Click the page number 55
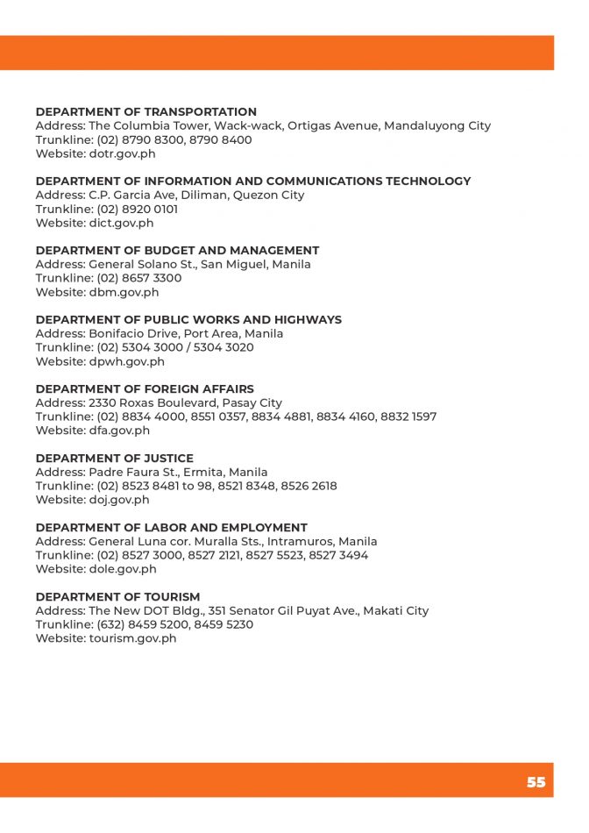[x=536, y=782]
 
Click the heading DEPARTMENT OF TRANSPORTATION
[x=145, y=112]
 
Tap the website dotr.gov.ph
[x=122, y=153]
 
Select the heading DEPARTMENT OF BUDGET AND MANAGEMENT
[x=177, y=251]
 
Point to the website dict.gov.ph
[x=121, y=223]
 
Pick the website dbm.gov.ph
[x=124, y=292]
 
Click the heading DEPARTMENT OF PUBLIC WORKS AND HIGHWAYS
[x=188, y=320]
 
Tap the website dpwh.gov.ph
[x=126, y=361]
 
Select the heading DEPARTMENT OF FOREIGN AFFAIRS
[x=145, y=389]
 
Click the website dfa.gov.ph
[x=119, y=431]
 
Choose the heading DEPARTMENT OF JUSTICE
[x=114, y=459]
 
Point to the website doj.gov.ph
[x=119, y=500]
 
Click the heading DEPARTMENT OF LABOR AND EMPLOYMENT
[x=171, y=528]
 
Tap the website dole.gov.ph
[x=123, y=569]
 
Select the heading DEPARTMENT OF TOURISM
[x=117, y=597]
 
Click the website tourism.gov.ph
[x=132, y=638]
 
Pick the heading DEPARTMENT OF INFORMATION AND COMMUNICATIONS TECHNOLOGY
[x=253, y=182]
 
